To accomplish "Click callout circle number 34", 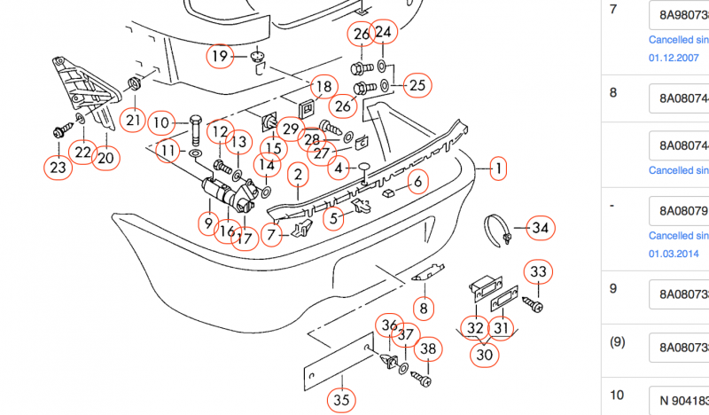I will click(541, 228).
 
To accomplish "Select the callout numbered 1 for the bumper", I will click(498, 168).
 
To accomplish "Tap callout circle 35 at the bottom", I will click(342, 401).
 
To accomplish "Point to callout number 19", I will click(220, 57).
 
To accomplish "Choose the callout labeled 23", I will click(58, 167).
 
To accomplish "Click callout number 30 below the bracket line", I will click(484, 354).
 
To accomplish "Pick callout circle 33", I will click(539, 270).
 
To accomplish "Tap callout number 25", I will click(417, 86).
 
